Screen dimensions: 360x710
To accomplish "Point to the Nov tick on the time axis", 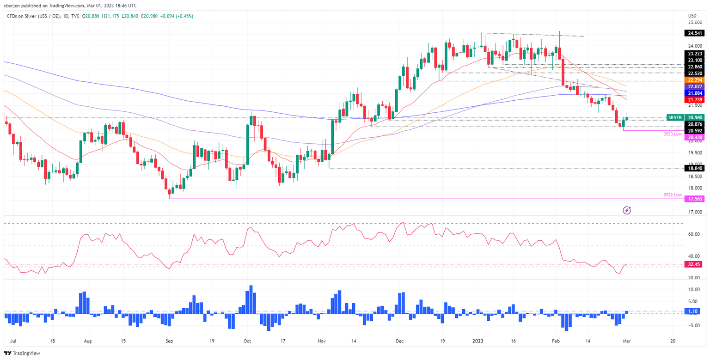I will pyautogui.click(x=322, y=341).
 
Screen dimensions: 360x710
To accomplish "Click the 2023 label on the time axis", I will pyautogui.click(x=478, y=341).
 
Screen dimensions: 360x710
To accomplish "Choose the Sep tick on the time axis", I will pyautogui.click(x=169, y=341).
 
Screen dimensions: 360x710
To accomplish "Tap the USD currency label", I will pyautogui.click(x=692, y=15).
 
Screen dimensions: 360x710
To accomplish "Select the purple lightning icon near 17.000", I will pyautogui.click(x=627, y=210).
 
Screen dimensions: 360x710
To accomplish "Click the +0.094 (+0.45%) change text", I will pyautogui.click(x=177, y=16).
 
